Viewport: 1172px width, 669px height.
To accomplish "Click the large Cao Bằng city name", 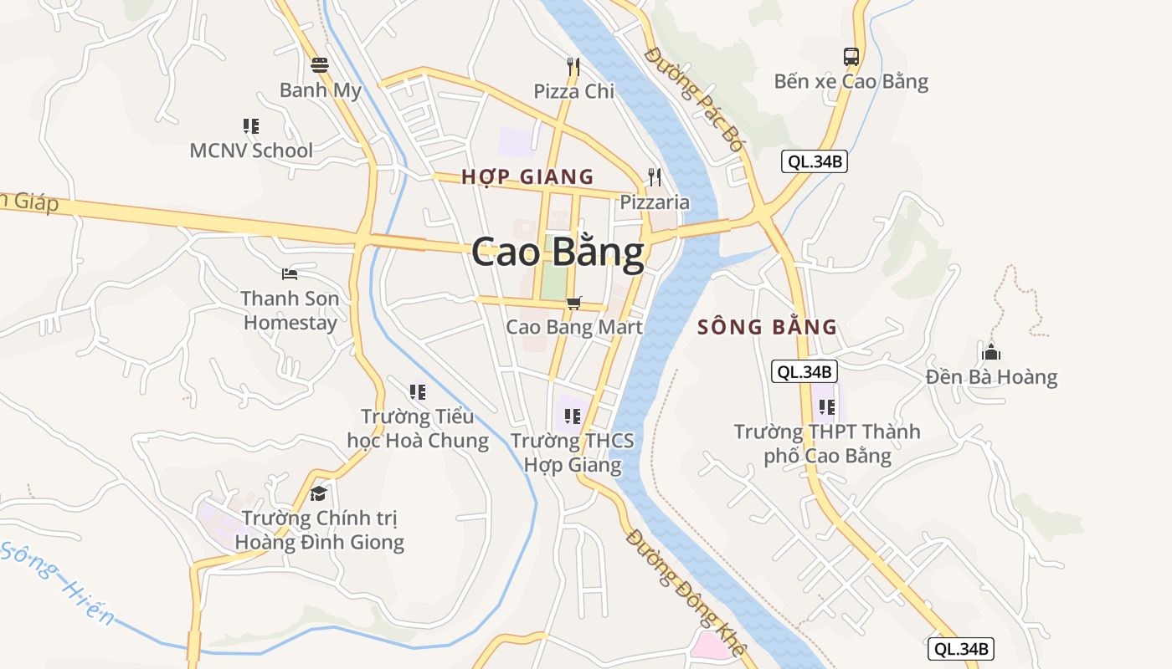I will [558, 252].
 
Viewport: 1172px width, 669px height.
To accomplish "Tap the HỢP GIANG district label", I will [527, 176].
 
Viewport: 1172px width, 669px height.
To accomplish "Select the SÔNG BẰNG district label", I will [767, 327].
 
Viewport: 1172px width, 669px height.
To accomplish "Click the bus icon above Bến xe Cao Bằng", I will [851, 57].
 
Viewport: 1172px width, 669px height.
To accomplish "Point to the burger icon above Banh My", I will [320, 64].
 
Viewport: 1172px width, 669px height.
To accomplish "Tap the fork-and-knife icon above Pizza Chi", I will [573, 66].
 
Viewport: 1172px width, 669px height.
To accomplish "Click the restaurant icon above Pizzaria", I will [655, 176].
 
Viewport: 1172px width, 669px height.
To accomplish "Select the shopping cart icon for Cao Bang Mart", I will [573, 303].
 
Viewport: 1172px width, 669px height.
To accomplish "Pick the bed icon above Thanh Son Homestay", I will [290, 273].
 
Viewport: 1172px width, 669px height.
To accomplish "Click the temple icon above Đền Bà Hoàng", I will [991, 352].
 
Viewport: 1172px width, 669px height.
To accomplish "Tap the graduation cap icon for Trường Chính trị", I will [318, 493].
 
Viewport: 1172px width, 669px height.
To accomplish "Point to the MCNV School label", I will [251, 151].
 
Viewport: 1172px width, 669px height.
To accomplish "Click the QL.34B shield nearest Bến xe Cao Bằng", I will [815, 161].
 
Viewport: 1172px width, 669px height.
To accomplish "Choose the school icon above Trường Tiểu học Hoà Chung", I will [417, 391].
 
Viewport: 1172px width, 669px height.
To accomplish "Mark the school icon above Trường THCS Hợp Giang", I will [573, 416].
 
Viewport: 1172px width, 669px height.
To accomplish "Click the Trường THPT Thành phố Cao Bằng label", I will [827, 444].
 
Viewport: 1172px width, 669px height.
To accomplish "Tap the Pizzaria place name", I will [655, 202].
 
